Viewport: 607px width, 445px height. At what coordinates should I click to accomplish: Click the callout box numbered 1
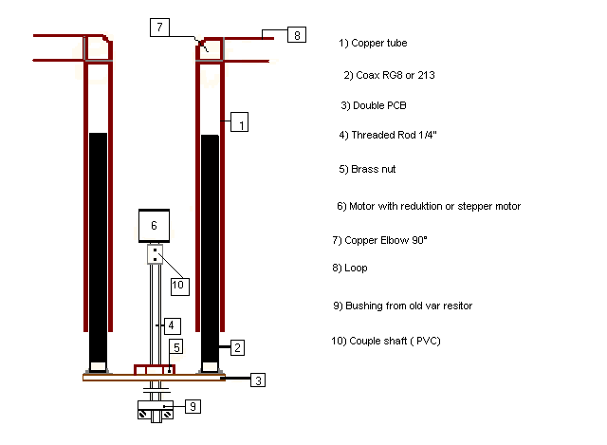[x=239, y=122]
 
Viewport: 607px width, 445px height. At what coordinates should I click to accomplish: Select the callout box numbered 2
[x=237, y=347]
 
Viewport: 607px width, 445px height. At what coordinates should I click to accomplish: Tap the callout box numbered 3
[x=258, y=380]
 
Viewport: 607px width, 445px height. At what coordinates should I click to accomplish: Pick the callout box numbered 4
[x=173, y=325]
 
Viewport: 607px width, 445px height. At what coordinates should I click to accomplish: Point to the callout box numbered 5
[x=176, y=347]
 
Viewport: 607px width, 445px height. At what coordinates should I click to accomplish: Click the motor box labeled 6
[x=154, y=226]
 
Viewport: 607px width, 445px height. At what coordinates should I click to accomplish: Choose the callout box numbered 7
[x=159, y=28]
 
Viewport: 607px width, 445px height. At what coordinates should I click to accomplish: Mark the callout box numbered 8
[x=297, y=35]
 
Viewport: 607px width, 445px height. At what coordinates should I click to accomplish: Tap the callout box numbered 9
[x=193, y=406]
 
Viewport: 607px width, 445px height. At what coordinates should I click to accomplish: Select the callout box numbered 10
[x=180, y=287]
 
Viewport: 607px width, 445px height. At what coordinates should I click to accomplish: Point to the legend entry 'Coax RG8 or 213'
[x=389, y=75]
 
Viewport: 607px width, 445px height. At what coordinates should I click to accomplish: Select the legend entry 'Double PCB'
[x=374, y=105]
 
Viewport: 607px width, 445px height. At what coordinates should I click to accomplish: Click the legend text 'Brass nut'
[x=367, y=169]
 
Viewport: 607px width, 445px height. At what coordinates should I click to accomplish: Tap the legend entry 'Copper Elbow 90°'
[x=379, y=240]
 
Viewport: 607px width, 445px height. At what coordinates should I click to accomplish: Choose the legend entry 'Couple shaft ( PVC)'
[x=386, y=341]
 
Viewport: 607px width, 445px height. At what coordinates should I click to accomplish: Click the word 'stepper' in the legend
[x=473, y=207]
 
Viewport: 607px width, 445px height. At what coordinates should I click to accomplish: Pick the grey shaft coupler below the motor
[x=156, y=254]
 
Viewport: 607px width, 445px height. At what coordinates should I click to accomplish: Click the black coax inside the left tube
[x=99, y=248]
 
